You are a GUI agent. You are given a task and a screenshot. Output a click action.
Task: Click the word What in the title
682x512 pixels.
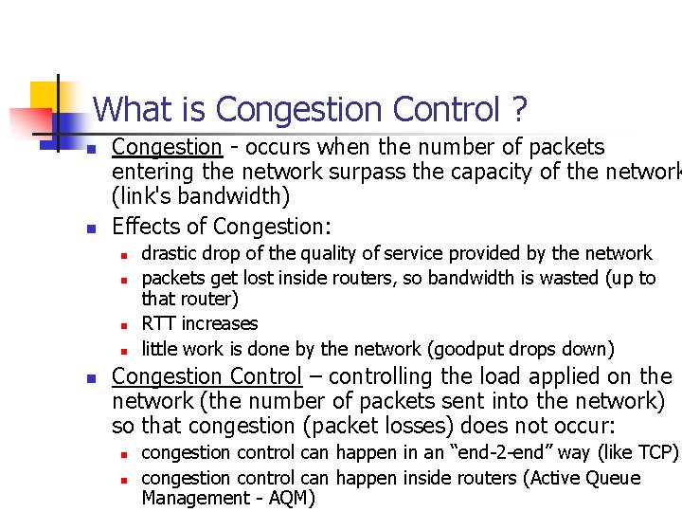pyautogui.click(x=129, y=110)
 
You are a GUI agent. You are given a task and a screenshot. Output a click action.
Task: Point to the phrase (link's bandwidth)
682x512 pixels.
pyautogui.click(x=201, y=196)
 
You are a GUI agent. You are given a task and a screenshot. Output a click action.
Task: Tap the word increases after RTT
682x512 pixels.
pyautogui.click(x=220, y=324)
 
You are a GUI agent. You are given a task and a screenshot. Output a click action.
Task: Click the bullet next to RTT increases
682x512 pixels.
pyautogui.click(x=123, y=325)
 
